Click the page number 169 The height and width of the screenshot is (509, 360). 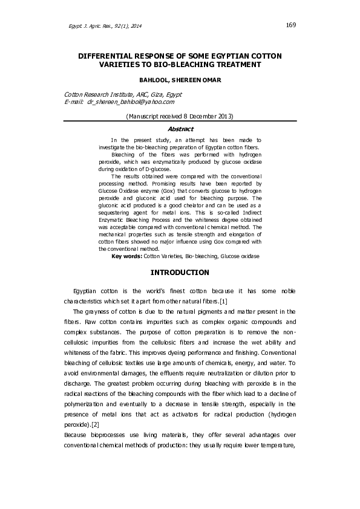tap(290, 25)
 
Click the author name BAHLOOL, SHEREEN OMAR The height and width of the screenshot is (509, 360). tap(180, 80)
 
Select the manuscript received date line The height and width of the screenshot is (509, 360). tap(179, 115)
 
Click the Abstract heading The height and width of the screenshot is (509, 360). tap(179, 129)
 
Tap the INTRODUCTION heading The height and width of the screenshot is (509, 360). tap(179, 273)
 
